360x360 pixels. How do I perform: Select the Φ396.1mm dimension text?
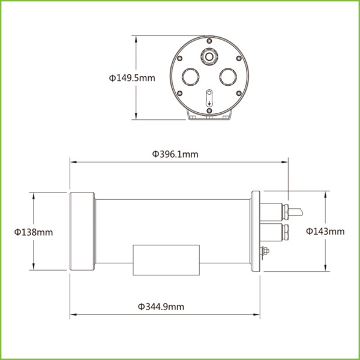(x=175, y=154)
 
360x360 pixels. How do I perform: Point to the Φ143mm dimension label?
(x=325, y=231)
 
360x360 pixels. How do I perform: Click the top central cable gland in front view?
(x=209, y=55)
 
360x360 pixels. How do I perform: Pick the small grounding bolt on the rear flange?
(x=264, y=253)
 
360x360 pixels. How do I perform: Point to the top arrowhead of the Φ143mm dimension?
(x=326, y=193)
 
